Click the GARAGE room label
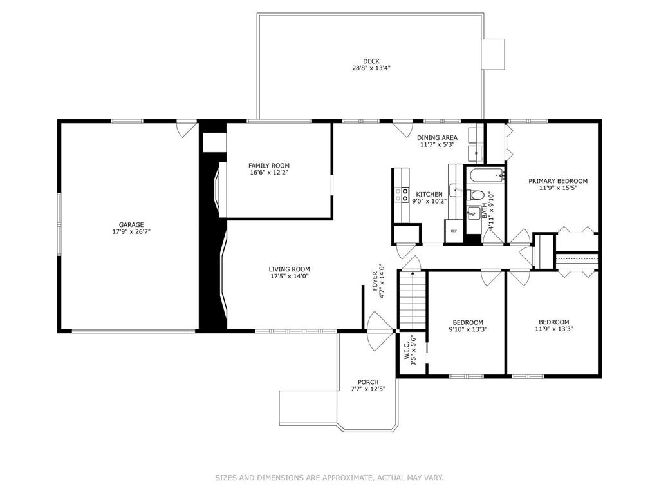131,225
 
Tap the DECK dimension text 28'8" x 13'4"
371,68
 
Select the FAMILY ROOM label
269,166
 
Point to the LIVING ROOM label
290,269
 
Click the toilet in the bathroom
477,195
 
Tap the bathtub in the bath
486,175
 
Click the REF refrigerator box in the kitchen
454,231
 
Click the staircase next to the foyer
412,300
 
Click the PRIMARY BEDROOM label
558,181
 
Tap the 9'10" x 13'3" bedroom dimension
468,329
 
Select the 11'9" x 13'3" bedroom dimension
553,329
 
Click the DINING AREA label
437,137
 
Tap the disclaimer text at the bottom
329,478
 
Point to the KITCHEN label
429,194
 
